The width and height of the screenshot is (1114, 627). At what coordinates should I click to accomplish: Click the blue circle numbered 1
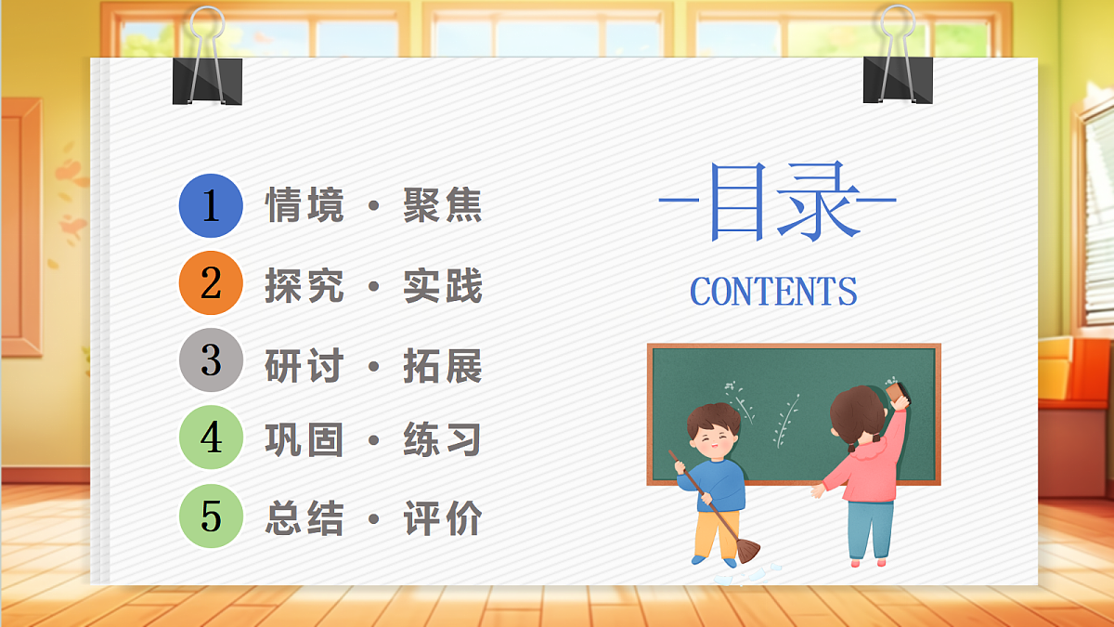(211, 205)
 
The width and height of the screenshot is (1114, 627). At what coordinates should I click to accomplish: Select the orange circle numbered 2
(211, 283)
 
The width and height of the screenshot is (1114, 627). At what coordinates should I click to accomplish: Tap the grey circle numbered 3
(211, 360)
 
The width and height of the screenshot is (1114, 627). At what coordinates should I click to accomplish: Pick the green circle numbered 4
(211, 438)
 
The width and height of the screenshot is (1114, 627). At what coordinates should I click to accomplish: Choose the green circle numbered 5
(211, 516)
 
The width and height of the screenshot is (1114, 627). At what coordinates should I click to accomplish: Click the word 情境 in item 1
(304, 205)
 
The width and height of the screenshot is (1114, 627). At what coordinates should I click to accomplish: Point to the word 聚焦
(443, 205)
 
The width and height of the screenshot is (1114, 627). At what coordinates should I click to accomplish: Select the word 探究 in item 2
(304, 286)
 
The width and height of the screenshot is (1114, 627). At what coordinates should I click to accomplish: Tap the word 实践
(443, 286)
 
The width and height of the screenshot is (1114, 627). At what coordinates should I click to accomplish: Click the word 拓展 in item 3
(443, 366)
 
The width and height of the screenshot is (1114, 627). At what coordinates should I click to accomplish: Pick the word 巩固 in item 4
(304, 440)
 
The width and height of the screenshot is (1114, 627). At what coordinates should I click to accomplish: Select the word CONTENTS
(773, 292)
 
